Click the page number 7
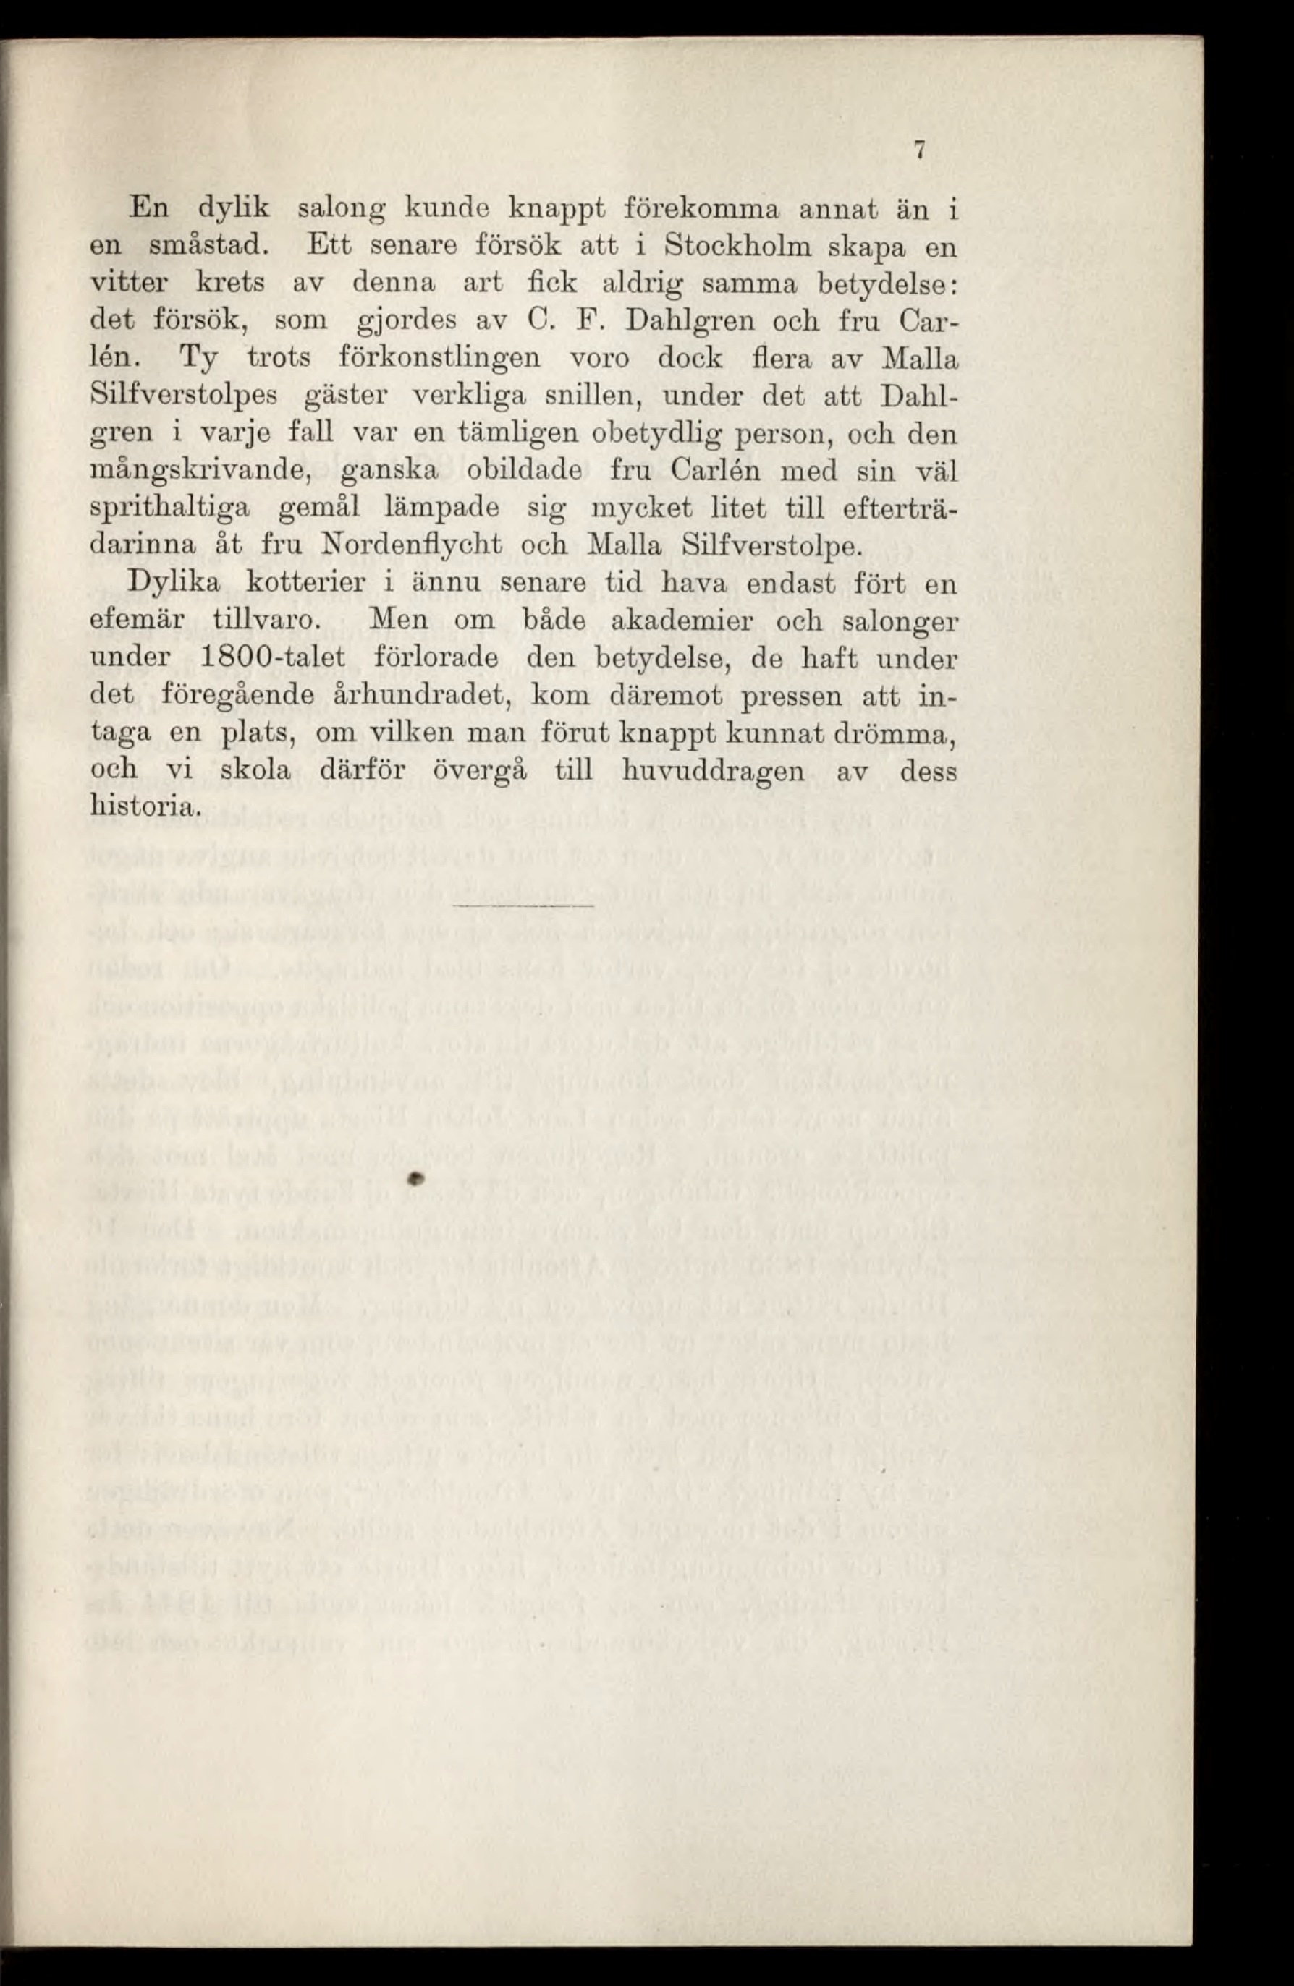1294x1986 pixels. (919, 151)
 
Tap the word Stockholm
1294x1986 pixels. (730, 248)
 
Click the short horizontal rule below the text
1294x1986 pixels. (522, 905)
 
